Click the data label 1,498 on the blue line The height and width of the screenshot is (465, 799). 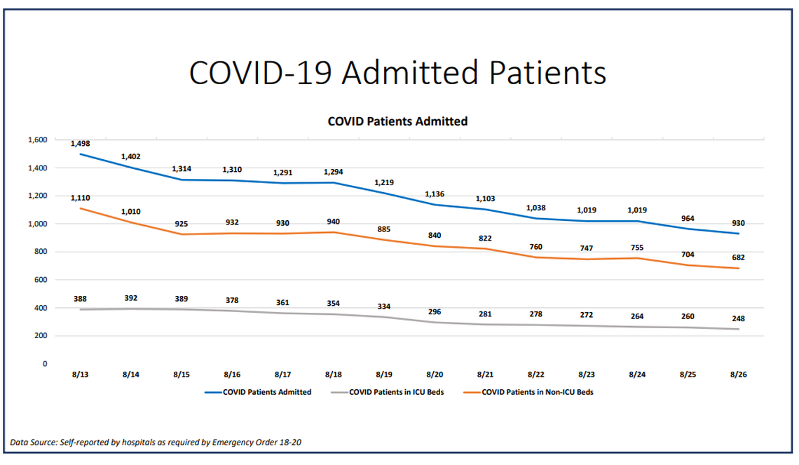click(x=80, y=143)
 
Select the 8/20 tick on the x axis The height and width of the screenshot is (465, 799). click(x=435, y=375)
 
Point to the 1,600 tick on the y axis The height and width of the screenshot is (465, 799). click(x=37, y=140)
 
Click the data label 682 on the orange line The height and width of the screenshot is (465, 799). click(x=738, y=257)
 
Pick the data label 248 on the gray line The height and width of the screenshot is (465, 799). click(x=738, y=318)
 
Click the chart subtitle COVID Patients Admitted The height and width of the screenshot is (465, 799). click(x=397, y=121)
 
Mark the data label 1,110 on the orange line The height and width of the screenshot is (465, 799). click(x=80, y=198)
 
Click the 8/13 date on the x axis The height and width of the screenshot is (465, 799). click(x=80, y=375)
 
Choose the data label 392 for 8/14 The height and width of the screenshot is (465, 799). click(x=130, y=297)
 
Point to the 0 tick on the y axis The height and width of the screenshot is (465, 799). click(x=45, y=363)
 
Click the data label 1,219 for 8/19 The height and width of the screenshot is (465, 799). click(x=383, y=182)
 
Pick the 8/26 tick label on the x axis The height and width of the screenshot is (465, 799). click(x=738, y=375)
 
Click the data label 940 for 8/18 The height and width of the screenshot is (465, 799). click(x=333, y=222)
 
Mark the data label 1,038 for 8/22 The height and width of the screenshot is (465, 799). click(x=535, y=208)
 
